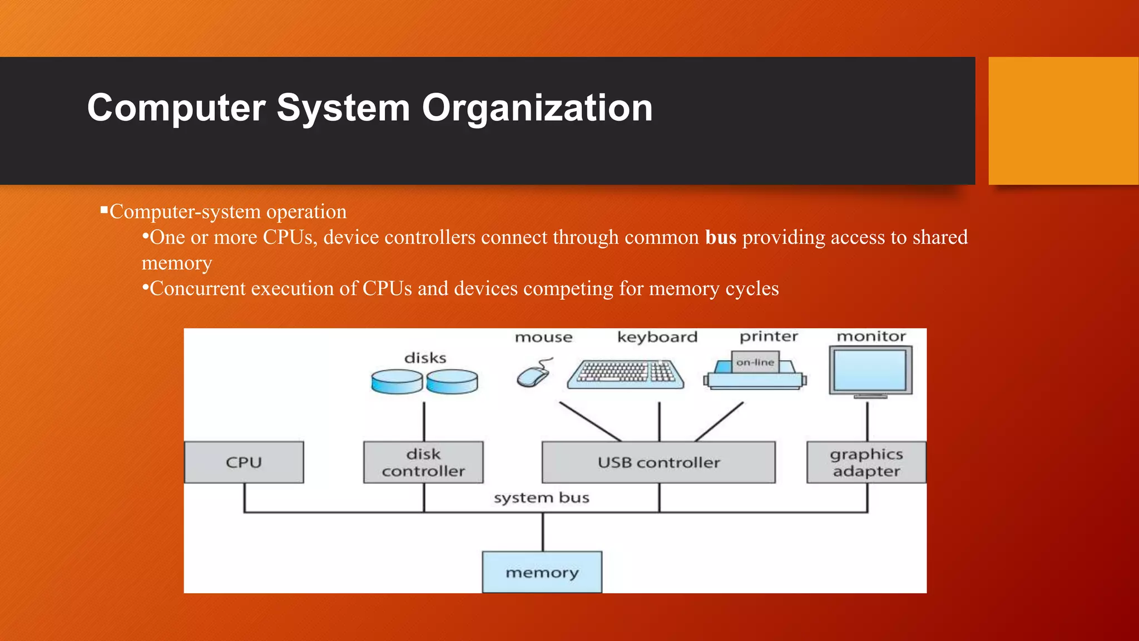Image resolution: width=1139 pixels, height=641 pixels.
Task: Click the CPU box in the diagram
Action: (x=244, y=462)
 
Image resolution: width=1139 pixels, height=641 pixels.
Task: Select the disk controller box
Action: (x=423, y=462)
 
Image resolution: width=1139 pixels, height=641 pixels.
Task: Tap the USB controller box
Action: (x=658, y=462)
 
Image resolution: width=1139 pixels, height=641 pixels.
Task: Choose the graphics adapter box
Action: (x=866, y=462)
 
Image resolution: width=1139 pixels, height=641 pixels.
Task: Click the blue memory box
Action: (x=542, y=572)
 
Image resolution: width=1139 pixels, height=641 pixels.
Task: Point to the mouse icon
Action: (x=533, y=376)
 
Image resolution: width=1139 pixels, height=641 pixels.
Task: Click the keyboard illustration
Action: (x=626, y=373)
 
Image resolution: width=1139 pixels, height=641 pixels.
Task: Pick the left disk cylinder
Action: (x=397, y=382)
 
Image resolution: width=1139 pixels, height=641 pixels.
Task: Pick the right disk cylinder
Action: (x=452, y=382)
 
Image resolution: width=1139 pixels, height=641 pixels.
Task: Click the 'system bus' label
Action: (x=541, y=497)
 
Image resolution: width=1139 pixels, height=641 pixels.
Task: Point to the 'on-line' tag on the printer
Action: (x=755, y=362)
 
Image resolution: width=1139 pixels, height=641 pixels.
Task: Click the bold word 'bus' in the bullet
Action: (x=721, y=238)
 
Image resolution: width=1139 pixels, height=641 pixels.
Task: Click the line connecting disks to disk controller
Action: (x=424, y=421)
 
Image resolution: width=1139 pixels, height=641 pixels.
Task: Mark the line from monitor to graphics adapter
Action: (x=867, y=421)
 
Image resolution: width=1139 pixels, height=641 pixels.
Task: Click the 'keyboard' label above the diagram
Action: (x=657, y=337)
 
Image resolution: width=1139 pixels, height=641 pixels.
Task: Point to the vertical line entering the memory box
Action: (x=543, y=532)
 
